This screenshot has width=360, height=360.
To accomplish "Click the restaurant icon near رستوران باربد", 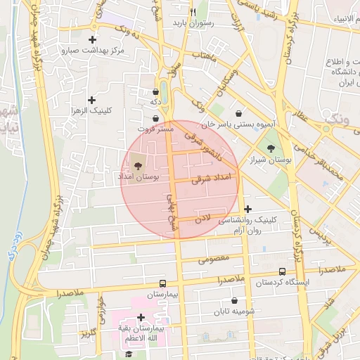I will tap(193, 12).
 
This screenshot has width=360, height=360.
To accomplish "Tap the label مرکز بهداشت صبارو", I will tap(92, 51).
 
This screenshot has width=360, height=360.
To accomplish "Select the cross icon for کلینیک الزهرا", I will tap(92, 101).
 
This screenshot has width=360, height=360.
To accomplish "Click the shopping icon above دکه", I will tap(155, 91).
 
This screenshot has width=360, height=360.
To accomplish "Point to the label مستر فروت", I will tap(154, 130).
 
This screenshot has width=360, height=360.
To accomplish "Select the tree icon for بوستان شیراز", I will tap(271, 148).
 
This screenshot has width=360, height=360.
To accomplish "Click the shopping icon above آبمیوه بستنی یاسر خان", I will tap(239, 112).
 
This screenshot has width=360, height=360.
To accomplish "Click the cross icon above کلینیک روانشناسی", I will tap(247, 209).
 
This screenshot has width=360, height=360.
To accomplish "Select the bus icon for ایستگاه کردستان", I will tap(282, 271).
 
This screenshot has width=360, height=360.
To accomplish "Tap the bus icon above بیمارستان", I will tap(163, 283).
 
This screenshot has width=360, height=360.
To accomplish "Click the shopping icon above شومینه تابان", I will tap(234, 301).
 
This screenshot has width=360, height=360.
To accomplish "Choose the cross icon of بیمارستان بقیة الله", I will tap(141, 317).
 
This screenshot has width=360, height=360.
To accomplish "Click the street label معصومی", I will tap(214, 259).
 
